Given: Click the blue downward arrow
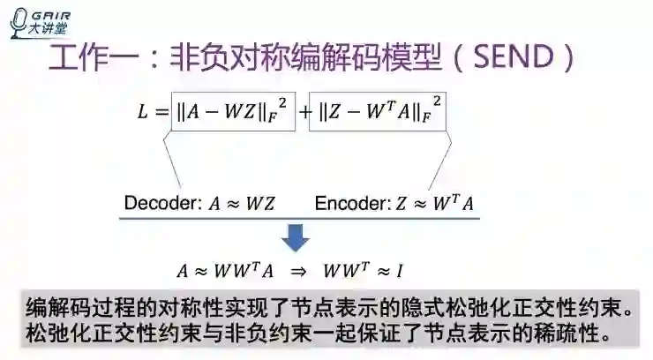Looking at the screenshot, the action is tap(295, 237).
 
